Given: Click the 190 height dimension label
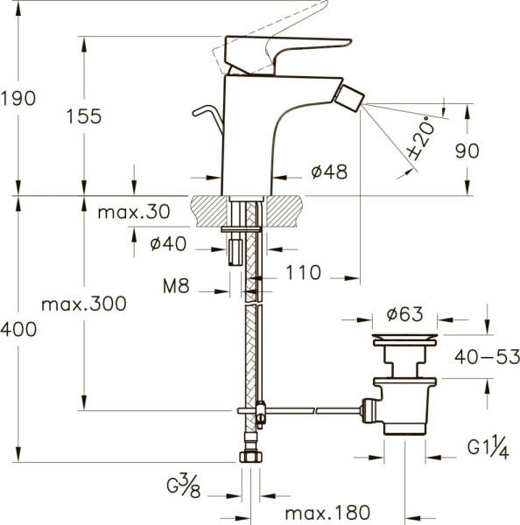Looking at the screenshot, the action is (x=18, y=99).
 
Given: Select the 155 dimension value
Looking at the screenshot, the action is (x=84, y=116).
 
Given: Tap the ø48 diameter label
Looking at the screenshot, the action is (x=329, y=172).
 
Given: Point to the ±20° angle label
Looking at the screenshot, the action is (x=421, y=138).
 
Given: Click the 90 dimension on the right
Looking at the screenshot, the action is (x=467, y=150).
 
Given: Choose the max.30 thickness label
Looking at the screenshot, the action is (x=134, y=212).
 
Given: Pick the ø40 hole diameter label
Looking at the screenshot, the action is (x=168, y=243).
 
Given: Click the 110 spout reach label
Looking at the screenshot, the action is (x=303, y=272).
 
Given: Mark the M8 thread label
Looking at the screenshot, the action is (x=176, y=286).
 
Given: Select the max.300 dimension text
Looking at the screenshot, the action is (x=84, y=304).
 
